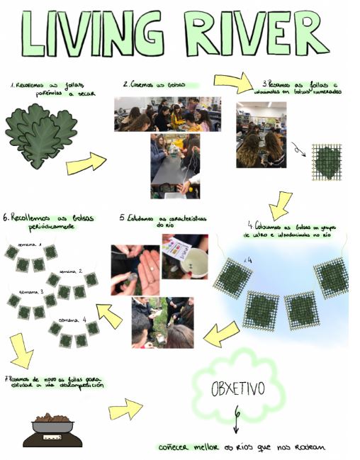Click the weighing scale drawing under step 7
pyautogui.click(x=52, y=430)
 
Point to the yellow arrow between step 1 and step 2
pyautogui.click(x=86, y=164)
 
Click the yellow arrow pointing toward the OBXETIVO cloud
pyautogui.click(x=125, y=409)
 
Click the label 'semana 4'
pyautogui.click(x=74, y=320)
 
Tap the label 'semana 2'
pyautogui.click(x=71, y=271)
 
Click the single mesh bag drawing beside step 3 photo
pyautogui.click(x=326, y=162)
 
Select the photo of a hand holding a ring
pyautogui.click(x=135, y=269)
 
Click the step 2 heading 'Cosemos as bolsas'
pyautogui.click(x=154, y=84)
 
